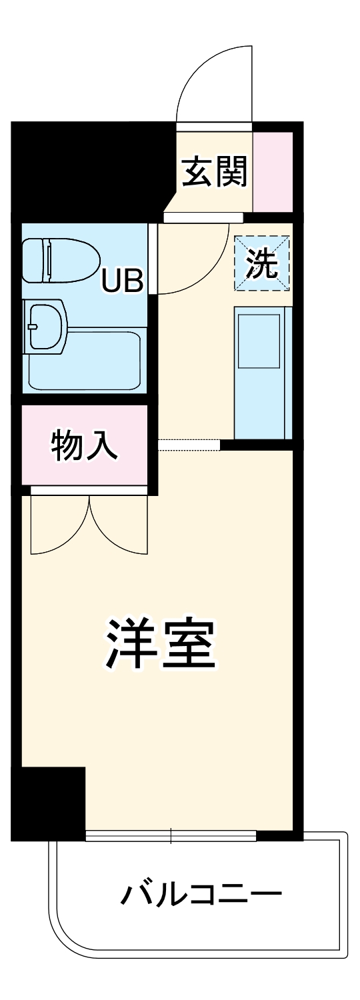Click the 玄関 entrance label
click(x=215, y=172)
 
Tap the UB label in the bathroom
click(x=122, y=283)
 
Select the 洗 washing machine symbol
click(x=262, y=263)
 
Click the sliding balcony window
click(x=171, y=835)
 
